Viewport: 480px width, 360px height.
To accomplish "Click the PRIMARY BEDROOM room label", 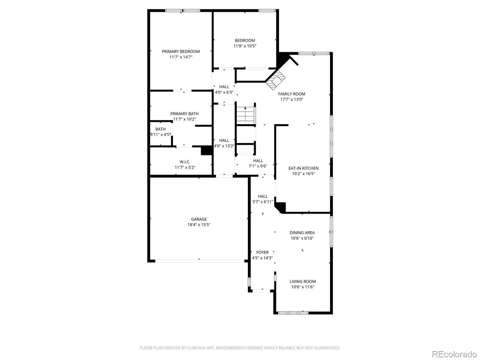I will pos(181,51).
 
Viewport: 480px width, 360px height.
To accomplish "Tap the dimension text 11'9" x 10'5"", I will pos(245,46).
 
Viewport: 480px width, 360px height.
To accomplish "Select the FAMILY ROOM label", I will pos(291,94).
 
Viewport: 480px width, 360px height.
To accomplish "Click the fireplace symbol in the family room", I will pos(276,80).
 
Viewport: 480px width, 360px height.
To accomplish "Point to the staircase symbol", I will pos(245,114).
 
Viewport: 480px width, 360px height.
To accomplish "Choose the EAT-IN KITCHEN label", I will pos(303,168).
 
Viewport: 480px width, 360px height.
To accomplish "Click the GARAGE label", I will pos(199,219).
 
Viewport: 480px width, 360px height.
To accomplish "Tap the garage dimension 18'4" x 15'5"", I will pos(199,225).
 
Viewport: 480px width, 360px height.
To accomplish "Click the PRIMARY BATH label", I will pos(184,114).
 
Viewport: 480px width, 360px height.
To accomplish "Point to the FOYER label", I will pos(262,252).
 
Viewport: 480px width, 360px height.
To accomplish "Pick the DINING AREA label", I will pos(302,232).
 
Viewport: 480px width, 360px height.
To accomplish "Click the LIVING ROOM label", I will pos(303,281).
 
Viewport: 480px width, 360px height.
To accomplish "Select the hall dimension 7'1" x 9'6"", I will pos(258,166).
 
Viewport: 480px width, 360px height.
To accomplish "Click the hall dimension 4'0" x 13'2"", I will pos(224,146).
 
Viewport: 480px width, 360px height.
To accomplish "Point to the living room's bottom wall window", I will pos(293,312).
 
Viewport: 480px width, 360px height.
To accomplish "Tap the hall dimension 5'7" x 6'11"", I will pos(262,202).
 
